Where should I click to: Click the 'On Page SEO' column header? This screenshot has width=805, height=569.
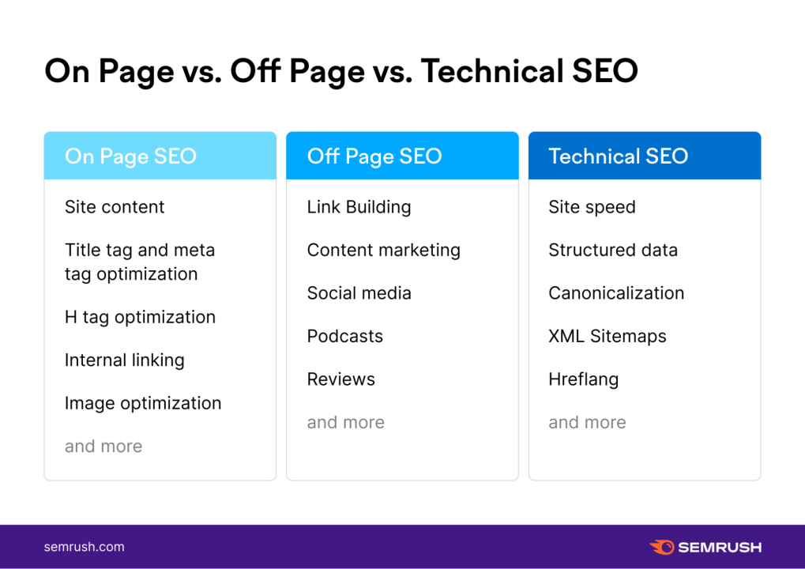[130, 156]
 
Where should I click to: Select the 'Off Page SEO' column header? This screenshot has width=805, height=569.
[374, 156]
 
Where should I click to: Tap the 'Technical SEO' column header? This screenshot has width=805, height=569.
[618, 156]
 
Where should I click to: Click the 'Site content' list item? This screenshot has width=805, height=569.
[115, 207]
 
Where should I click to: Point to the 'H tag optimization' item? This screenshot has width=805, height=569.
[140, 317]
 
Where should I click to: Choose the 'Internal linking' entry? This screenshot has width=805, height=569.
[124, 360]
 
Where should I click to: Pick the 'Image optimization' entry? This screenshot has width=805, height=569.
[143, 403]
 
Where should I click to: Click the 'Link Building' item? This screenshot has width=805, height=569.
[359, 207]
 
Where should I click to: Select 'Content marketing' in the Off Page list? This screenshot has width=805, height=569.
[383, 251]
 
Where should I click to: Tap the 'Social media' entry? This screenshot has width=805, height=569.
[359, 293]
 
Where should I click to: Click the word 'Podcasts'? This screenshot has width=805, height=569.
[344, 337]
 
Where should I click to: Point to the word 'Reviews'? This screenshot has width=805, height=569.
[340, 379]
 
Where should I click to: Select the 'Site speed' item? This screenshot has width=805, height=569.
[592, 207]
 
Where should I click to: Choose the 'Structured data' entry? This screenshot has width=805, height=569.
[613, 251]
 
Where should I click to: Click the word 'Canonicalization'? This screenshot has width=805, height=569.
[616, 293]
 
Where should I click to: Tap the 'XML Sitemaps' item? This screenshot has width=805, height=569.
[608, 337]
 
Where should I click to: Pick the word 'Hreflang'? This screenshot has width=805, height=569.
[583, 379]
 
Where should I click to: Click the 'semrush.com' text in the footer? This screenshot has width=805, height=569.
[84, 547]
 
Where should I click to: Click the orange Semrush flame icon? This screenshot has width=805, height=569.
[661, 547]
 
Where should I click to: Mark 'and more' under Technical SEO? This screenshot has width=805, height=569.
[587, 423]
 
